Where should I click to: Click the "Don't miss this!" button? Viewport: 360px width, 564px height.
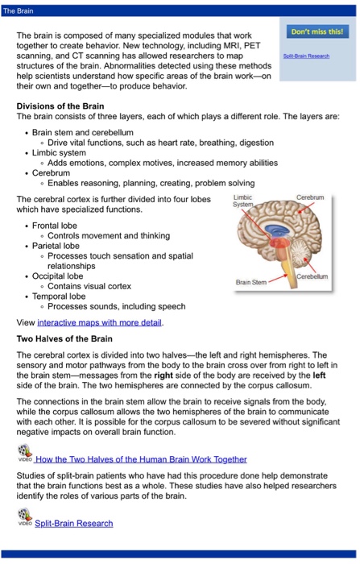317,31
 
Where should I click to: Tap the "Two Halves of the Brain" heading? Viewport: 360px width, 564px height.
64,340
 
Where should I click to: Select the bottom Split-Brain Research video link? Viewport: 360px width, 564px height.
74,523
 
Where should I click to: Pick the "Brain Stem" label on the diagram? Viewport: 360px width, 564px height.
252,281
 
